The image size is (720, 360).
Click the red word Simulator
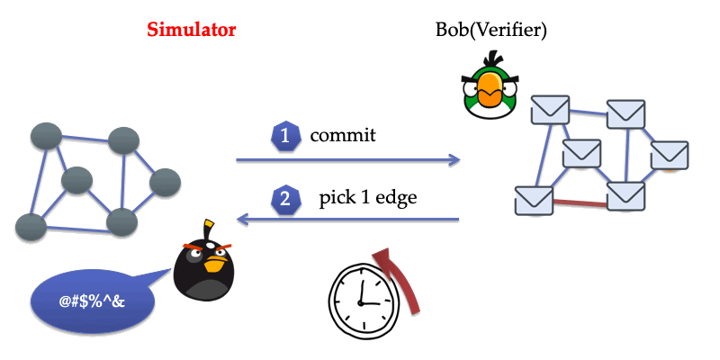click(x=191, y=30)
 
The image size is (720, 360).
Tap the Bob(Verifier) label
click(x=490, y=31)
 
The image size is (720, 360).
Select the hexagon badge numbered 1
click(x=284, y=137)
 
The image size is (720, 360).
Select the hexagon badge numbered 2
click(x=284, y=199)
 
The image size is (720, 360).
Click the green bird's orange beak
click(x=490, y=90)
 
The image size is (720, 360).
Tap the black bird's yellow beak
click(x=214, y=264)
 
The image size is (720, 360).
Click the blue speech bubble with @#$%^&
click(x=90, y=297)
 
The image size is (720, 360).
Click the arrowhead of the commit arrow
click(x=454, y=160)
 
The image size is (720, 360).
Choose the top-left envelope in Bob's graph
click(x=549, y=112)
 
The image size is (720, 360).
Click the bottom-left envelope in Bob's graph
click(x=533, y=200)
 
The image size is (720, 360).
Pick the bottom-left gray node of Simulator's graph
click(x=31, y=225)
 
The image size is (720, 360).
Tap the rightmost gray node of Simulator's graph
click(x=166, y=184)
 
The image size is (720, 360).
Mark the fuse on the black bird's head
click(x=210, y=226)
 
